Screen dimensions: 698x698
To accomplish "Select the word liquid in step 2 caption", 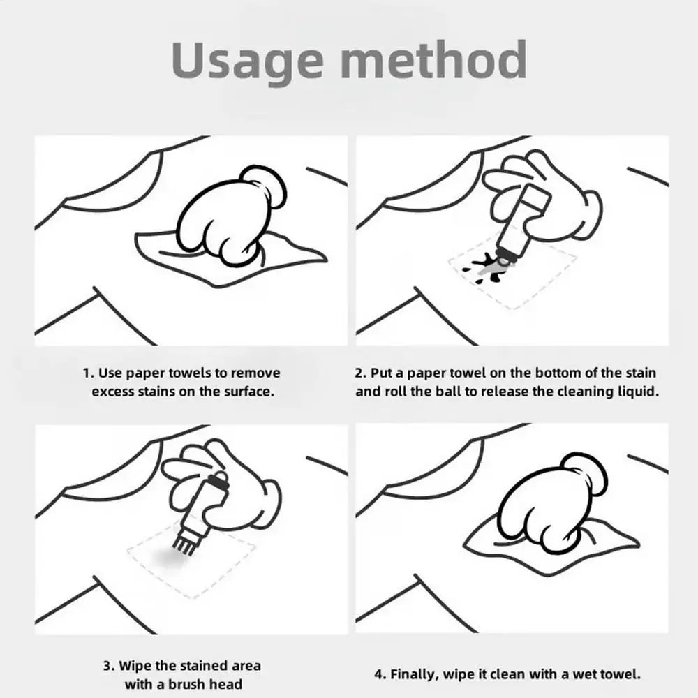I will coord(638,391).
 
